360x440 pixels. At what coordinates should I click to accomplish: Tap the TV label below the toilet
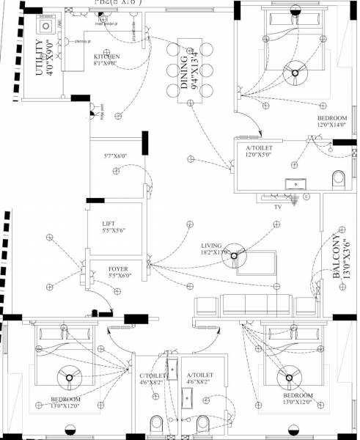(278, 208)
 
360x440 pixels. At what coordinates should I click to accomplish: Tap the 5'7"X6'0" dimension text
(115, 156)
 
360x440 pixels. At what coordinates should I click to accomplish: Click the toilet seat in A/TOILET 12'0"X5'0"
(337, 179)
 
